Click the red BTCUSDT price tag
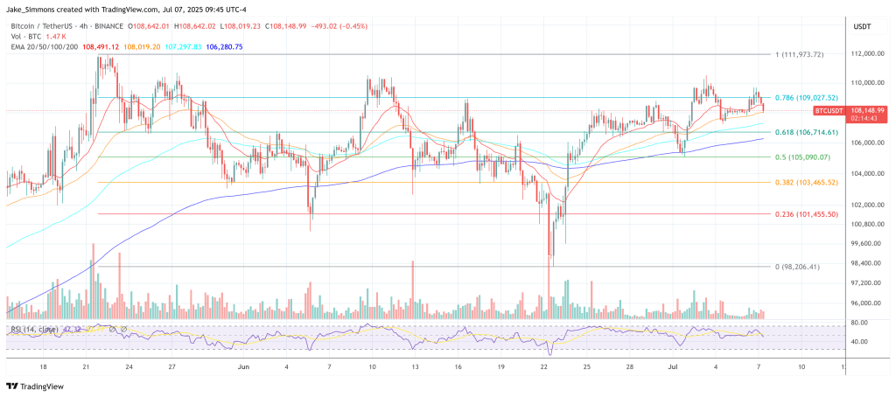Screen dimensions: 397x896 coord(830,111)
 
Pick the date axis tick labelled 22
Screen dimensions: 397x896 coord(544,368)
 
